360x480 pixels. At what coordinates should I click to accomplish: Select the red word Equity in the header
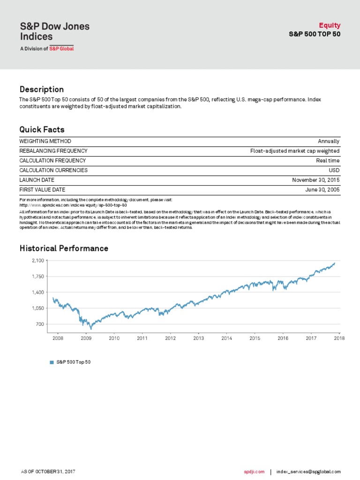[x=330, y=25]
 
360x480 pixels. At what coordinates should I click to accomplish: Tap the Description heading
[x=41, y=89]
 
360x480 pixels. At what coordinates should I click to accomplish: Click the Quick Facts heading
[x=42, y=129]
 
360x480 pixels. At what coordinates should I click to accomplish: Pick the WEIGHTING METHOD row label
[x=45, y=141]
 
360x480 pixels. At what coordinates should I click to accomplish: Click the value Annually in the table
[x=329, y=141]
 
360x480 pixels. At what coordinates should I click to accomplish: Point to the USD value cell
[x=334, y=170]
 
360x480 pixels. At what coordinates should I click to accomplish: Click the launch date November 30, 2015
[x=316, y=180]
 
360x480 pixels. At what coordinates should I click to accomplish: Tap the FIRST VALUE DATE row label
[x=42, y=189]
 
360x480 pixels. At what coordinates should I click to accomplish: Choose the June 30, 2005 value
[x=322, y=189]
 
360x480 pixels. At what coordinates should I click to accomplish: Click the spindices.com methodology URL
[x=73, y=205]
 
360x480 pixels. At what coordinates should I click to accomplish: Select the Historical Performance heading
[x=64, y=248]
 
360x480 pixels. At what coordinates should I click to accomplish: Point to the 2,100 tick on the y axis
[x=38, y=260]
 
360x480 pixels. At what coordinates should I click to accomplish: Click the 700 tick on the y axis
[x=40, y=324]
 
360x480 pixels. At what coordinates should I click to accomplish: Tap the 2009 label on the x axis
[x=86, y=337]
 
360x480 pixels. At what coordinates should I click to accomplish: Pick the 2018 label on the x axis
[x=339, y=337]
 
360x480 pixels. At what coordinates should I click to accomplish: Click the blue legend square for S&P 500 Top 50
[x=52, y=362]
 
